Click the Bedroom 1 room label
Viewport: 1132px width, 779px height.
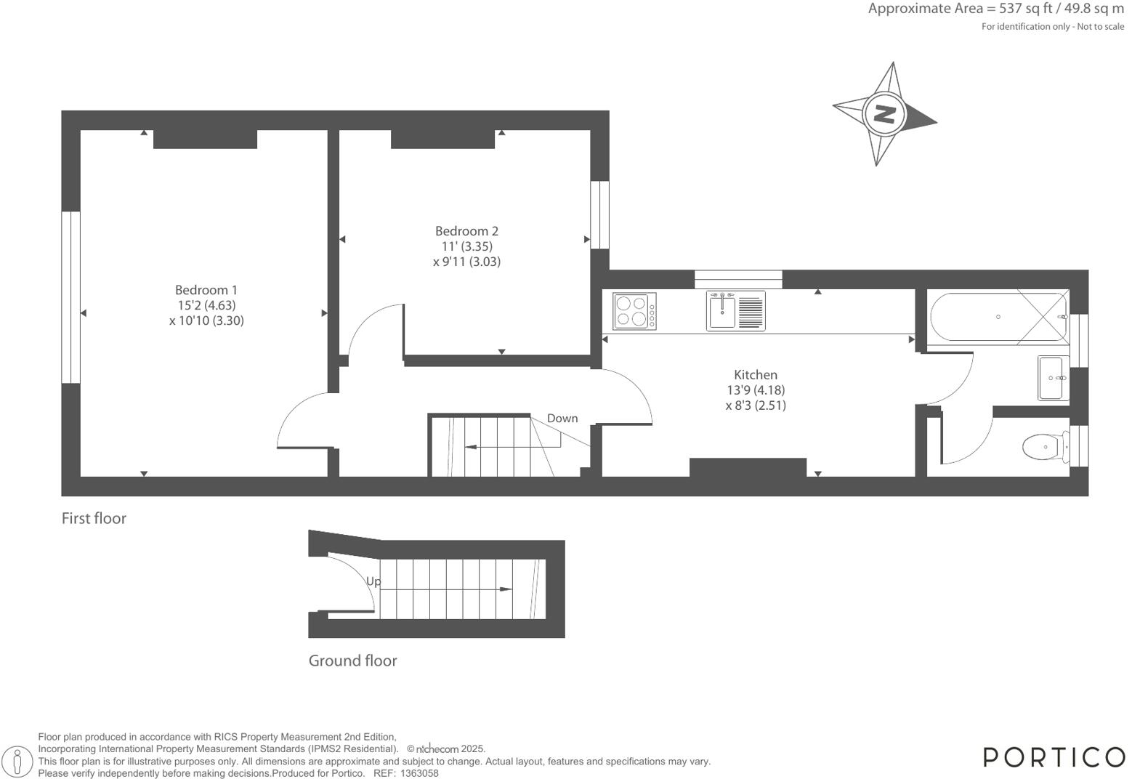[206, 290]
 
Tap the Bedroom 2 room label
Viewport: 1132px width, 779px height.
[466, 231]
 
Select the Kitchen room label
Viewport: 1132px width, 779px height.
[756, 375]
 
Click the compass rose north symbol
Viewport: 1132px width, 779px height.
[884, 114]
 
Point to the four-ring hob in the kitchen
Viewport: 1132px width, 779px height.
[634, 310]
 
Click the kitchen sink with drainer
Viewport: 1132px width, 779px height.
[735, 311]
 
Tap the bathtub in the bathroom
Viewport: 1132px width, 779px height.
[998, 317]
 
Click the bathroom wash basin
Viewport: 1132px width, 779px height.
[1054, 378]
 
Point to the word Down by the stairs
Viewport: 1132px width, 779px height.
[562, 418]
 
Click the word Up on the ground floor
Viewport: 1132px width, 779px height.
[373, 581]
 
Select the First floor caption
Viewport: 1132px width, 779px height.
[94, 518]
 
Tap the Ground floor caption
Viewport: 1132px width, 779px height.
[352, 661]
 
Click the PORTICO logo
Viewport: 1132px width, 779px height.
[1054, 757]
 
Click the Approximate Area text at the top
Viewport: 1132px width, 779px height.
[995, 9]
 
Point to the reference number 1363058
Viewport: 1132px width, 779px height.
[419, 773]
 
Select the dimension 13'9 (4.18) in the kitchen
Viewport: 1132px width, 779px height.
[756, 390]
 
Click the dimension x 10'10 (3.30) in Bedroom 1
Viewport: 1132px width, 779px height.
[206, 320]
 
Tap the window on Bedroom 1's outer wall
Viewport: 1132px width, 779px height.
[70, 296]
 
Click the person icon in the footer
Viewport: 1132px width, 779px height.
[18, 762]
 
